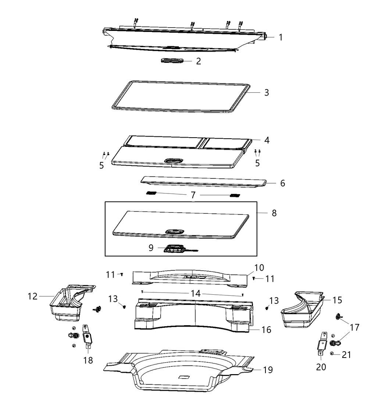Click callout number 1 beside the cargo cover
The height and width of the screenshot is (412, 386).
pos(280,37)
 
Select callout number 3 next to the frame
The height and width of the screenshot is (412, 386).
pos(267,92)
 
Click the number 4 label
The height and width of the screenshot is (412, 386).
pos(267,140)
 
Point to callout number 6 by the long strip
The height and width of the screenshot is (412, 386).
pos(282,183)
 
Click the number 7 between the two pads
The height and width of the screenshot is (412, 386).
pos(193,195)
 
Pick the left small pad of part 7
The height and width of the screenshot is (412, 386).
pos(151,193)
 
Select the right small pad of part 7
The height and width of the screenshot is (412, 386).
pos(235,195)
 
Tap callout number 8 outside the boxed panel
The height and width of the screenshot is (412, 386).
pos(274,213)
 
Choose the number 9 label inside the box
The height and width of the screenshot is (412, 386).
pos(151,248)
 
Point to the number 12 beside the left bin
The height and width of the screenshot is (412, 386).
pos(32,296)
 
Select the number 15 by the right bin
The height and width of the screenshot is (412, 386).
pos(337,300)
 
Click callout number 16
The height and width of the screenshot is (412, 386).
pos(266,330)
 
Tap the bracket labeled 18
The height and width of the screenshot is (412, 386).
pos(87,335)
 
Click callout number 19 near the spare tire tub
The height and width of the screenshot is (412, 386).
pos(268,370)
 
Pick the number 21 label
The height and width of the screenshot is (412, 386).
pos(346,355)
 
